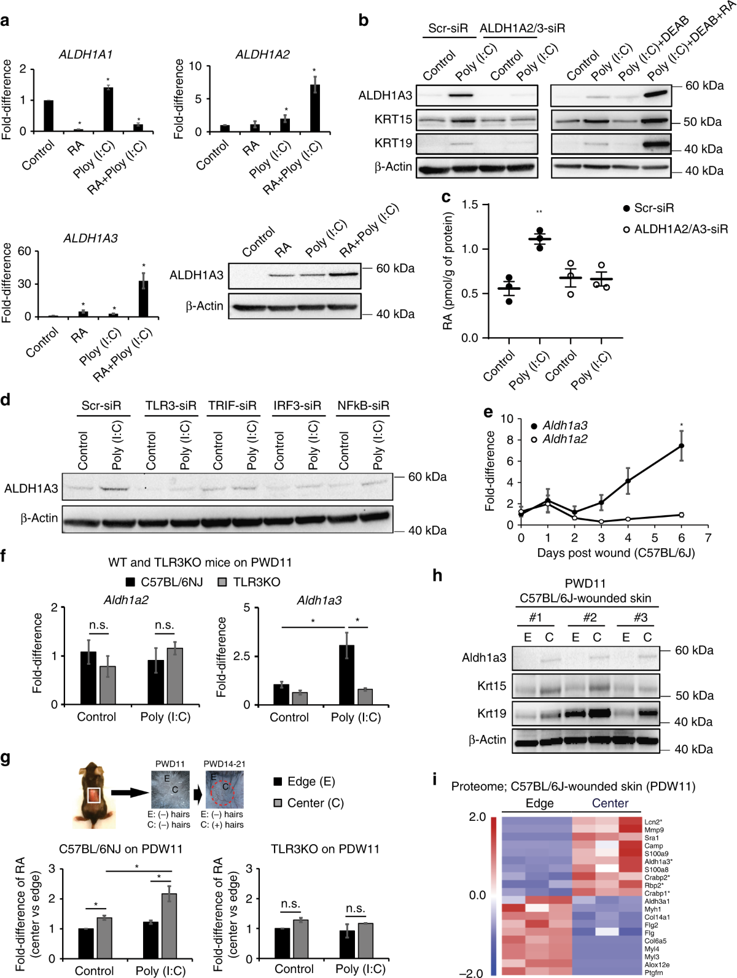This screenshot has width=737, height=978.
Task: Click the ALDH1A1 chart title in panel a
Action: pyautogui.click(x=85, y=55)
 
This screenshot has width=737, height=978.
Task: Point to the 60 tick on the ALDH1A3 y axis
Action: pyautogui.click(x=24, y=251)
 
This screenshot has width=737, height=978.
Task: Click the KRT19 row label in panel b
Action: pyautogui.click(x=393, y=143)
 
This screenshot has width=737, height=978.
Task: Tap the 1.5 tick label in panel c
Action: pyautogui.click(x=470, y=204)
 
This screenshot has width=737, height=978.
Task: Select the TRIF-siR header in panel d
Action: pyautogui.click(x=232, y=406)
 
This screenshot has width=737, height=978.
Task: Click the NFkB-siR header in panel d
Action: pyautogui.click(x=363, y=406)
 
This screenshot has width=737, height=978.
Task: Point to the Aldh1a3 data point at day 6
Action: pyautogui.click(x=681, y=446)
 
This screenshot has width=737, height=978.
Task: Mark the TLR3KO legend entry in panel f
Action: pyautogui.click(x=249, y=582)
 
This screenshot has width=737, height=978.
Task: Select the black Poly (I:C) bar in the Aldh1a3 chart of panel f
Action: pyautogui.click(x=346, y=675)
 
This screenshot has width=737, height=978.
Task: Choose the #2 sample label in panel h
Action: pyautogui.click(x=590, y=618)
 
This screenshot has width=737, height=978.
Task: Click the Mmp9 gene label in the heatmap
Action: pyautogui.click(x=654, y=830)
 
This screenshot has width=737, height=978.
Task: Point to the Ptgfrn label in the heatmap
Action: pyautogui.click(x=654, y=972)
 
